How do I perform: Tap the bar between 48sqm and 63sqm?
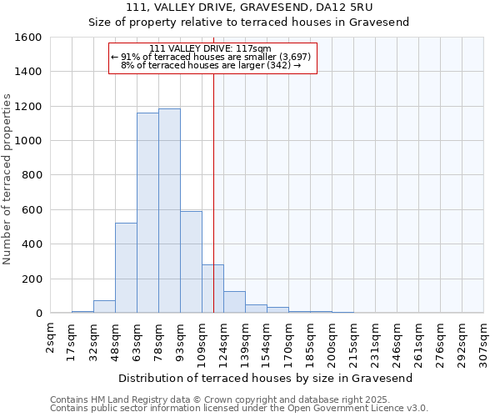pyautogui.click(x=126, y=268)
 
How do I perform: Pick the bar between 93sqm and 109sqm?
pyautogui.click(x=191, y=262)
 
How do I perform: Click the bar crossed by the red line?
pyautogui.click(x=212, y=289)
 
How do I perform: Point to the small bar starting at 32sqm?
pyautogui.click(x=104, y=307)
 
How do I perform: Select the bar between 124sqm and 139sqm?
pyautogui.click(x=234, y=302)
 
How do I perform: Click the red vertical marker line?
pyautogui.click(x=214, y=167)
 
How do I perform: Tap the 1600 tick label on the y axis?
pyautogui.click(x=27, y=38)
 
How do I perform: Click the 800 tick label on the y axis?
pyautogui.click(x=31, y=175)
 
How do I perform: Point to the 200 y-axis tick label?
pyautogui.click(x=31, y=279)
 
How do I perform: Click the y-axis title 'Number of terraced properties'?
pyautogui.click(x=7, y=179)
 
